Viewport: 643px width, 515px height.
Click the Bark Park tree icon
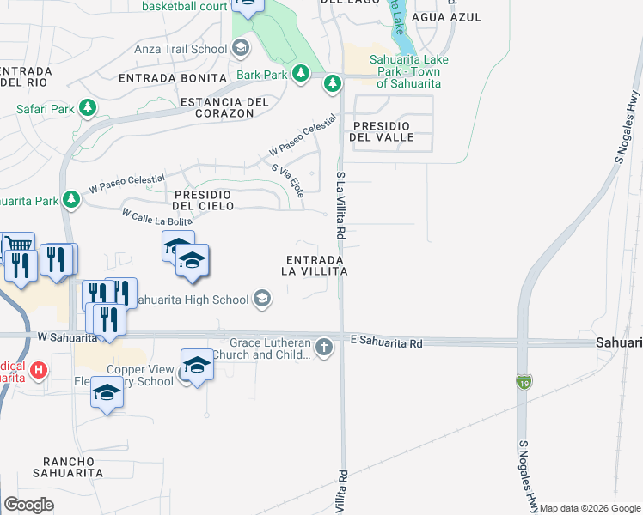301,75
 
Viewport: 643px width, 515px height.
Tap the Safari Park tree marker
87,108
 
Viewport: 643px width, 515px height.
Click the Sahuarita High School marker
262,299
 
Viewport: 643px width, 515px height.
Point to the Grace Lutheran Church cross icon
323,348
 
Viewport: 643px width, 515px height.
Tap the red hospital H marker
38,371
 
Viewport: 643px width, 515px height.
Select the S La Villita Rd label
340,206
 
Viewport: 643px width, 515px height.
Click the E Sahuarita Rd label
388,342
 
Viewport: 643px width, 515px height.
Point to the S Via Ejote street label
288,181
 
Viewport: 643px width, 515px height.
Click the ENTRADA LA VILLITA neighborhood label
315,264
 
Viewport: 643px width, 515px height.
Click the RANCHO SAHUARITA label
68,466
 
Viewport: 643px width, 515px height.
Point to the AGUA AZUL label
446,17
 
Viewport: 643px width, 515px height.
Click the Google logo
28,505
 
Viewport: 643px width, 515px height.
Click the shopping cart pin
17,247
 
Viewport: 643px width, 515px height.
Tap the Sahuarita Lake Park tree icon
333,83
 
